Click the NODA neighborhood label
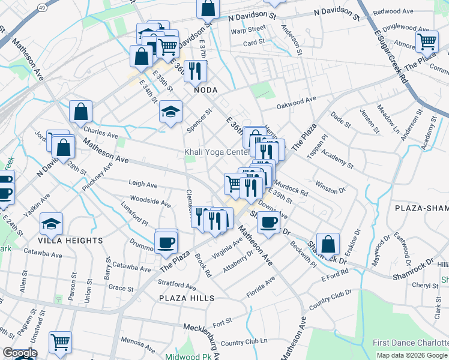(x=205, y=90)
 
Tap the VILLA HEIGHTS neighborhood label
(x=70, y=241)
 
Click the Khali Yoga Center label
(x=216, y=152)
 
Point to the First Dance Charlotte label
(x=410, y=343)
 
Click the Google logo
(x=19, y=353)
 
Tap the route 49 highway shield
(x=42, y=7)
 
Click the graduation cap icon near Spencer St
(x=170, y=112)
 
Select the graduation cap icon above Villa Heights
(x=52, y=224)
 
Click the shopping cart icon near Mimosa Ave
(x=60, y=343)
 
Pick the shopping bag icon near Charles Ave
(x=80, y=112)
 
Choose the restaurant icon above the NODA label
(x=195, y=72)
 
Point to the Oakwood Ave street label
(x=296, y=103)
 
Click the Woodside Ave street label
(x=150, y=201)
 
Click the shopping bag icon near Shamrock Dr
(x=328, y=244)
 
